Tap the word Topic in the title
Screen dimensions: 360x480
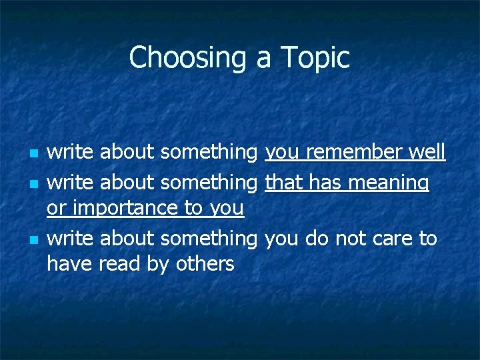[x=318, y=58]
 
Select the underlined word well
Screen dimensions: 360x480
[x=427, y=153]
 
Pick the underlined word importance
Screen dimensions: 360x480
[x=126, y=209]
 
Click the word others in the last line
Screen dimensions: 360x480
[x=205, y=264]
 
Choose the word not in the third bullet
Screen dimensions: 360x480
[x=349, y=238]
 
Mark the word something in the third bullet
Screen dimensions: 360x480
[x=209, y=239]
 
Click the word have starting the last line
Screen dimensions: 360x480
[x=70, y=264]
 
